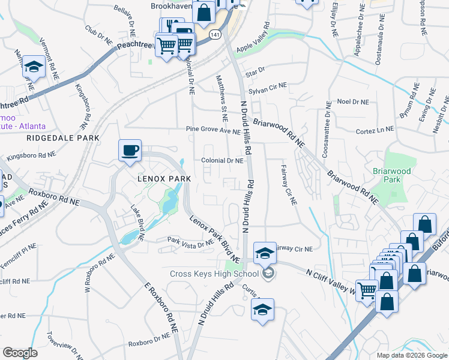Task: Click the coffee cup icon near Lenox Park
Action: [x=130, y=151]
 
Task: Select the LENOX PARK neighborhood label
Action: [x=164, y=179]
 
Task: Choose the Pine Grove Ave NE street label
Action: [x=212, y=130]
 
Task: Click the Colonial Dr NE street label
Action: [x=222, y=161]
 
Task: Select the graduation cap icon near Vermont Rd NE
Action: [x=34, y=68]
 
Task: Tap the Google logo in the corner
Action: [x=20, y=353]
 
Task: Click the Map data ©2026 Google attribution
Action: [x=411, y=355]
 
